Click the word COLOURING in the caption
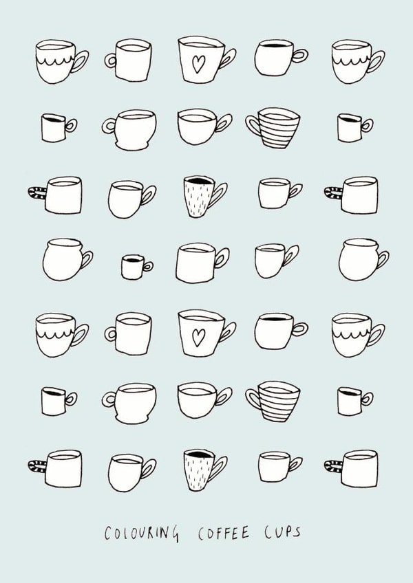(x=142, y=533)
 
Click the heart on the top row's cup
(x=198, y=65)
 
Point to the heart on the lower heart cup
(x=198, y=337)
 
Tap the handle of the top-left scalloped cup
(x=80, y=62)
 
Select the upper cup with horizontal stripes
(x=273, y=128)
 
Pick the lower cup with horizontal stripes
(x=273, y=400)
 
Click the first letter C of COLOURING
(x=108, y=533)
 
